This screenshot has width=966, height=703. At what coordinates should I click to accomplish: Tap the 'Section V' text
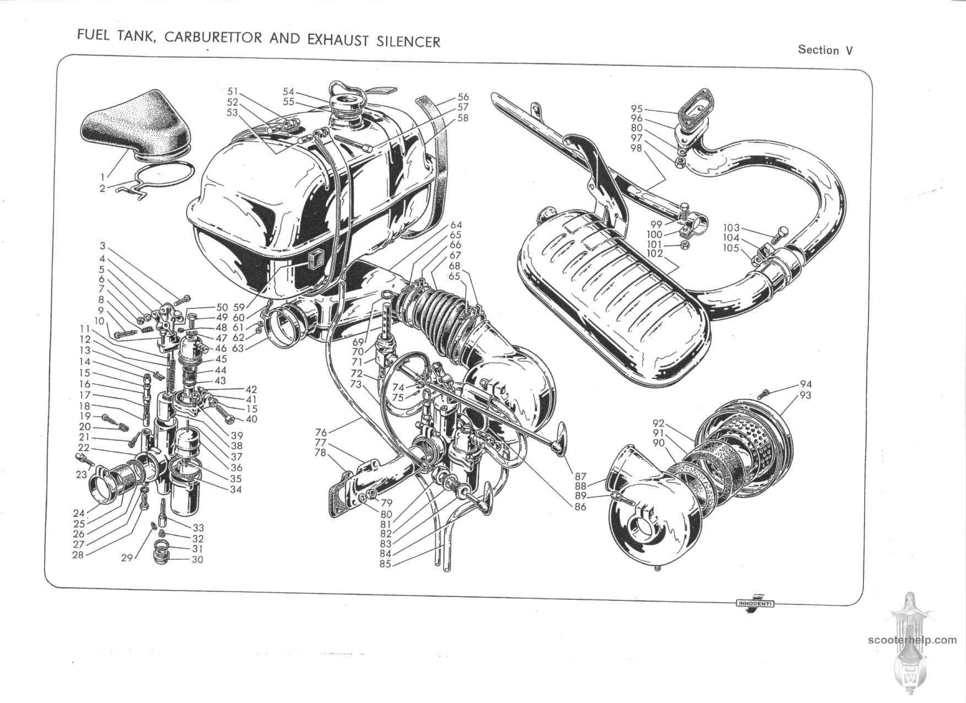(x=825, y=50)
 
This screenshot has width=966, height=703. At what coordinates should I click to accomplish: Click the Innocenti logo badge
(x=755, y=603)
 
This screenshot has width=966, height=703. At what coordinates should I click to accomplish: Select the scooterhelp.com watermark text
(x=912, y=640)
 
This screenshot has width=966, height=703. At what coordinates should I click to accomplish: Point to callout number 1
(x=102, y=177)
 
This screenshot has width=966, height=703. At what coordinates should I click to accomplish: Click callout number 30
(x=197, y=560)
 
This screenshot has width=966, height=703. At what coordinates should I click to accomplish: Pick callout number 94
(x=806, y=384)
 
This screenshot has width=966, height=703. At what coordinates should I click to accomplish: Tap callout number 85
(x=385, y=564)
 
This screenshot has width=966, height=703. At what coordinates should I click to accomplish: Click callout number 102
(x=655, y=254)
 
